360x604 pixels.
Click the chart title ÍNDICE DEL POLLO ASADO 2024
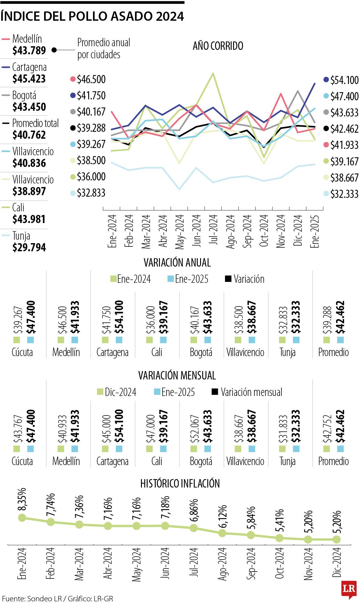(x=92, y=16)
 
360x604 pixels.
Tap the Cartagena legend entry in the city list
(x=29, y=67)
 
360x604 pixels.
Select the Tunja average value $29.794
(x=29, y=247)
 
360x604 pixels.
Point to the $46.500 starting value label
(x=91, y=79)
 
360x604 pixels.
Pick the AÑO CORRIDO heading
(x=218, y=46)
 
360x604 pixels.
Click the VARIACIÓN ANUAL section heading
(x=177, y=262)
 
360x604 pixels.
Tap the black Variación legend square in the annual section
(x=228, y=279)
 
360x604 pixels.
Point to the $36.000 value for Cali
(x=150, y=320)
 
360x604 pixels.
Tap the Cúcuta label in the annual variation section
(x=22, y=352)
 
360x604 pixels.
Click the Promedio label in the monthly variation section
(x=333, y=461)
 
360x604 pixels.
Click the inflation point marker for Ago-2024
(x=222, y=533)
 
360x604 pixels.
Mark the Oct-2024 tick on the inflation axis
(x=280, y=563)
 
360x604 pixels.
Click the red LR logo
(x=349, y=589)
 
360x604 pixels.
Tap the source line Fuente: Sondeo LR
(x=58, y=599)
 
